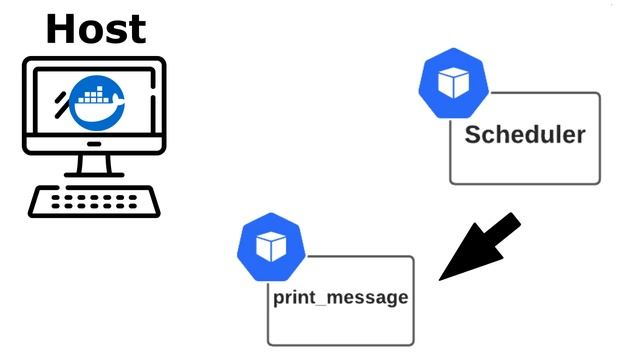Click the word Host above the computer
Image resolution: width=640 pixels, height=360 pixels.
coord(95,28)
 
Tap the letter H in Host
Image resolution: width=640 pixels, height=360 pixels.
coord(61,28)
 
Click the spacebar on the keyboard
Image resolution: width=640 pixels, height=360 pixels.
coord(95,209)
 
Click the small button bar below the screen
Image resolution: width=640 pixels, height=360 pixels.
coord(95,144)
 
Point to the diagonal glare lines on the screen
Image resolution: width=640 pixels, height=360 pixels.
coord(62,101)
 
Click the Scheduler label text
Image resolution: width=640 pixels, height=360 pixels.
coord(525,135)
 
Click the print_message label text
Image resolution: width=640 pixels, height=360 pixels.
coord(340,298)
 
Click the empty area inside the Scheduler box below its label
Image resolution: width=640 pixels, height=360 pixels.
coord(525,165)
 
